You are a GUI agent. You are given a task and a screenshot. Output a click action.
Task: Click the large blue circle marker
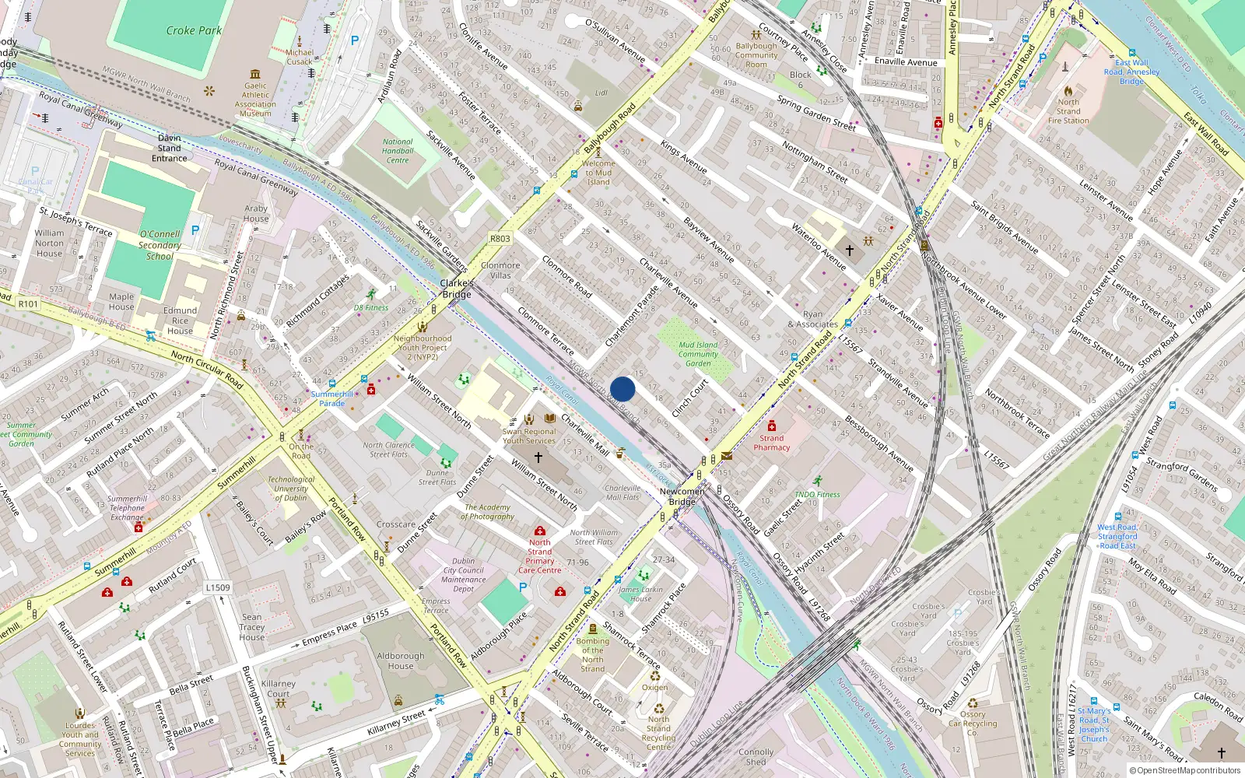click(622, 389)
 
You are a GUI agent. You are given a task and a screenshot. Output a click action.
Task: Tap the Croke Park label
click(194, 30)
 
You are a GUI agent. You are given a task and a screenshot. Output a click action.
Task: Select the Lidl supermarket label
click(601, 93)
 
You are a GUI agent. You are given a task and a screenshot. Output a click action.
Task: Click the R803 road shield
click(500, 239)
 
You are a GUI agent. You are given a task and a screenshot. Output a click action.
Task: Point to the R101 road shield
click(28, 303)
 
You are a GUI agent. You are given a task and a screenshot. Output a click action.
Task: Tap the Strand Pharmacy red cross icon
click(771, 426)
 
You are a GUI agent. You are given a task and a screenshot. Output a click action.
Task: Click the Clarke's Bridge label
click(457, 289)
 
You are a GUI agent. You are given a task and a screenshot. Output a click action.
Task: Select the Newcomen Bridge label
click(682, 496)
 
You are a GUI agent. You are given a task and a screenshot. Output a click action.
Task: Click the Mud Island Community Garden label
click(698, 354)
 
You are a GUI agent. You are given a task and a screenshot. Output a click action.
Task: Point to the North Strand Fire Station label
click(1068, 111)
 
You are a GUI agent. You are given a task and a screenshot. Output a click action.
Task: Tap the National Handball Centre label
click(398, 151)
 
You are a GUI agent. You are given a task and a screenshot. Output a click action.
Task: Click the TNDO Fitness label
click(817, 494)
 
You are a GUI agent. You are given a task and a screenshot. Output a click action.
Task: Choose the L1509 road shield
click(218, 587)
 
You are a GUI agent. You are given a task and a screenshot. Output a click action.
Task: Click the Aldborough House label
click(401, 661)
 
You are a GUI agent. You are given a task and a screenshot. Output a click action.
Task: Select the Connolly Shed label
click(756, 757)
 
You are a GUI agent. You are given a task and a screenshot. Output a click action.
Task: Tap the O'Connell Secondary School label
click(160, 244)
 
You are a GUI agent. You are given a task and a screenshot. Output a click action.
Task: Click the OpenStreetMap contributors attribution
click(1185, 770)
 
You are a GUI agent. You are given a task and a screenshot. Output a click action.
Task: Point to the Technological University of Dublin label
click(291, 489)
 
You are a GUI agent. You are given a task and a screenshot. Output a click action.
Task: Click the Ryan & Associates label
click(812, 319)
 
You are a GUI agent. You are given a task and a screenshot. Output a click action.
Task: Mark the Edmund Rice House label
click(180, 320)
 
